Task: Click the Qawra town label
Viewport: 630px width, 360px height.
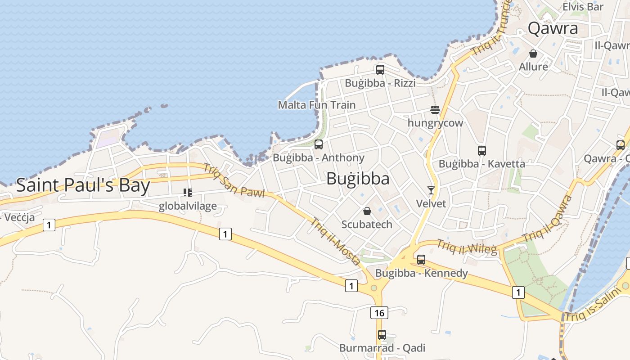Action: point(553,28)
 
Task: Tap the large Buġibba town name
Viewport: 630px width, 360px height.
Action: point(358,179)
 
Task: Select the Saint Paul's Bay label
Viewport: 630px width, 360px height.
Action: point(83,185)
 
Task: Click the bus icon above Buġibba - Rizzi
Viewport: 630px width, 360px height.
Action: point(380,70)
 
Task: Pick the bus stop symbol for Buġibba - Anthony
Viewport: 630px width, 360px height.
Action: point(319,144)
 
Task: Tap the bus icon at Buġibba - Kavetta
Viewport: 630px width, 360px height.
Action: point(482,151)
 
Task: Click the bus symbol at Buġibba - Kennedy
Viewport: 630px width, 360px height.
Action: point(421,260)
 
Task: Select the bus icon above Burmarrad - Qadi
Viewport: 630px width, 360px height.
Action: point(382,335)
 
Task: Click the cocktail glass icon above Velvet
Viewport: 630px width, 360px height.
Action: point(431,190)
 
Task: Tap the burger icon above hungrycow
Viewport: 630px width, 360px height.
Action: point(435,110)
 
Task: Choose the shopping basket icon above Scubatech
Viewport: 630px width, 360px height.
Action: point(367,211)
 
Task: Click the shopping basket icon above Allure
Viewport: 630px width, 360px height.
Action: point(533,54)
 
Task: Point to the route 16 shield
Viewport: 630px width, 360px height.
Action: point(379,312)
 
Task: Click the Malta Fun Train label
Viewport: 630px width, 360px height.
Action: point(317,105)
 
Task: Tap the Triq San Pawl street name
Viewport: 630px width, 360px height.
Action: point(234,180)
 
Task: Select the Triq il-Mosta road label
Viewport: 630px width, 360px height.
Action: point(336,242)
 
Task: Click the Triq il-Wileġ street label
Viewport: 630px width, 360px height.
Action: point(467,247)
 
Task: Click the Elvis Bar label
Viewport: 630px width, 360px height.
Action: point(583,7)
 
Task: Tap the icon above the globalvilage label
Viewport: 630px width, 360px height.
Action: point(188,193)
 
